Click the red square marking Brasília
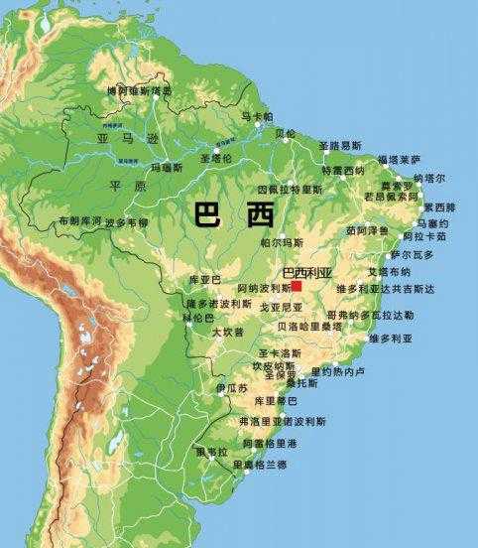296,285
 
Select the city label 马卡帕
256,117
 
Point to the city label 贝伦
286,133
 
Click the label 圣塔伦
215,158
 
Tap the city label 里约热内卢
338,371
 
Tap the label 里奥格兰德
260,464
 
